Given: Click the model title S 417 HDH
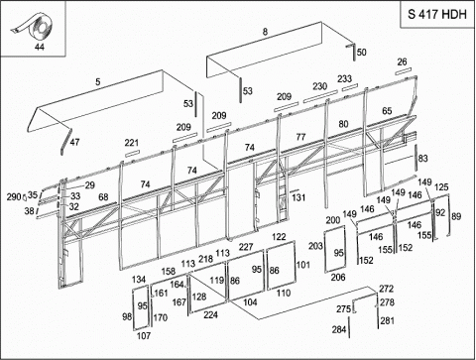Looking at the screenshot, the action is [x=437, y=15].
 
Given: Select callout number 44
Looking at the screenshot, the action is [x=40, y=47].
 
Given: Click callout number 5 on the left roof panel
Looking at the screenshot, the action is [x=98, y=81].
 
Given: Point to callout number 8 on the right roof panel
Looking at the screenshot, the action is [x=265, y=32].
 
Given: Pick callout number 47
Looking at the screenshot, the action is [x=75, y=142].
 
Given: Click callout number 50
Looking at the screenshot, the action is [x=362, y=53].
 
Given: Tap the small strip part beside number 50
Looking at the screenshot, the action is [x=352, y=51].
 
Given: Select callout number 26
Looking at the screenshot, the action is [x=402, y=61].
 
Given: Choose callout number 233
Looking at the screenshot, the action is [x=344, y=78].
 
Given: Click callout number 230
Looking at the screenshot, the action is [x=320, y=86].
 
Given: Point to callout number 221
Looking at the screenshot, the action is [x=132, y=143].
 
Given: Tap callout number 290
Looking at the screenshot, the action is [x=14, y=197].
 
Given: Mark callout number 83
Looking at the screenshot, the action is [x=423, y=159].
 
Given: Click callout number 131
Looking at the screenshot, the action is [x=298, y=197].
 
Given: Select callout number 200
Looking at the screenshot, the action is [x=333, y=220].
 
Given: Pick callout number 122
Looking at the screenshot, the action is [x=279, y=237].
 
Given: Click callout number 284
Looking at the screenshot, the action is [x=339, y=329].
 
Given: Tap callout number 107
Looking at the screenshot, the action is [x=144, y=336].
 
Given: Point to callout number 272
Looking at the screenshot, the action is [x=387, y=289].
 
